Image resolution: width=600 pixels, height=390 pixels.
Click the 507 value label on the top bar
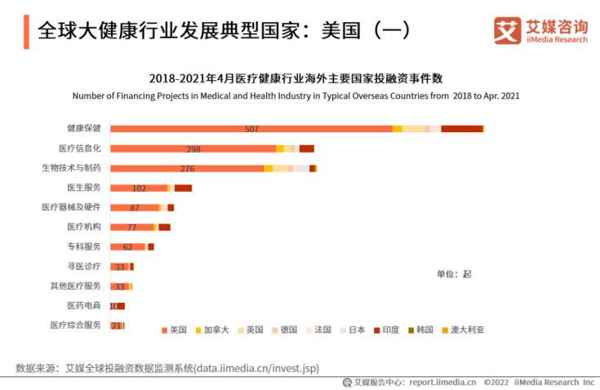pos(251,129)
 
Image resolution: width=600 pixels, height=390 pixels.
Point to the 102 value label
pos(139,188)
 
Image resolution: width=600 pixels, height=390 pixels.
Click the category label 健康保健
pos(84,128)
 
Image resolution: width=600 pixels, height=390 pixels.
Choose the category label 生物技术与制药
pos(72,168)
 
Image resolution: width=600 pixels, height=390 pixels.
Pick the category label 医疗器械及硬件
pos(72,207)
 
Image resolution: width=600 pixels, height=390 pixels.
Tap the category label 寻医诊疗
pos(84,266)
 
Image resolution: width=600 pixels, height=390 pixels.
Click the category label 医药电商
pos(84,305)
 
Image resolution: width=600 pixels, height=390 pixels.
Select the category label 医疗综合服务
pos(76,325)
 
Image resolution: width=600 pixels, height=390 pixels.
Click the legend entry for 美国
pos(174,330)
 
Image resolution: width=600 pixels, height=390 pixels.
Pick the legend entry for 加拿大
pos(211,330)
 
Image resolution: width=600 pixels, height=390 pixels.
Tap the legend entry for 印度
pos(386,330)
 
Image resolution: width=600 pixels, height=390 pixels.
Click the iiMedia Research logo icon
pos(507,31)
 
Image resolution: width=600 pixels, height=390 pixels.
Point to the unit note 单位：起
pos(454,274)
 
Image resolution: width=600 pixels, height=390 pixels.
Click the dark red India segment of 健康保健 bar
pos(462,129)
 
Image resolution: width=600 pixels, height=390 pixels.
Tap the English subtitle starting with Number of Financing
pos(296,95)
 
